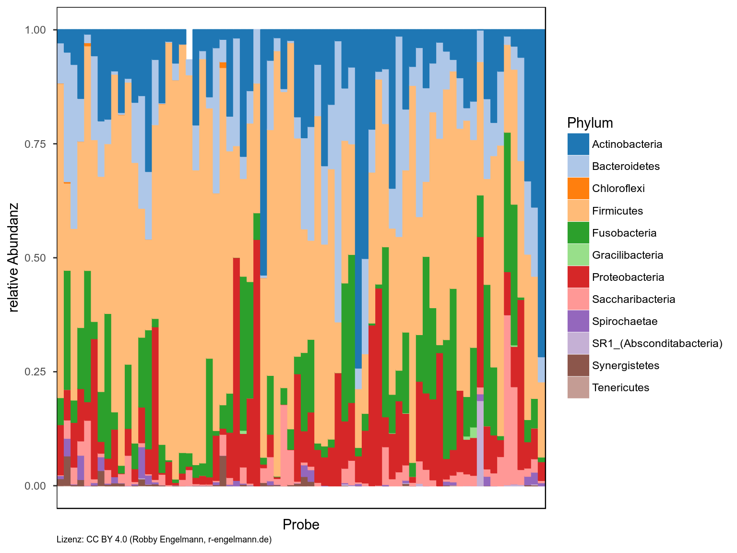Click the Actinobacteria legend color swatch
point(578,144)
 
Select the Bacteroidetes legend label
point(626,167)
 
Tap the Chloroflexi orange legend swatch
point(578,188)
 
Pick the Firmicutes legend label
point(617,211)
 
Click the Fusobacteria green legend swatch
point(578,233)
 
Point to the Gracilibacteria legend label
point(628,255)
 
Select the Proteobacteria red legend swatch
point(578,277)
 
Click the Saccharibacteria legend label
point(633,299)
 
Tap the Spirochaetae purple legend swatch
point(578,321)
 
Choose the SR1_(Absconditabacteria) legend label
point(657,343)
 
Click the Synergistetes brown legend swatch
point(578,365)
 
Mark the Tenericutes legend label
point(620,387)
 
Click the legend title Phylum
point(590,123)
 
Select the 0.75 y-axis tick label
point(35,144)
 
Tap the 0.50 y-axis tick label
point(35,258)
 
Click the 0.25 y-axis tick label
point(35,372)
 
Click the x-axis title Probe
point(301,525)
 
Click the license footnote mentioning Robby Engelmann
point(164,540)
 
